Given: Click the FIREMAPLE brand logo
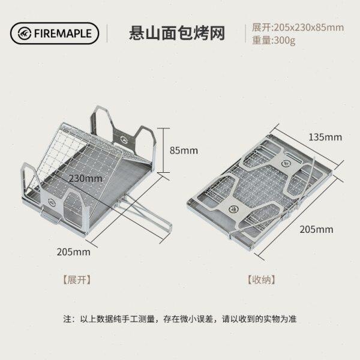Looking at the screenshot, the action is click(53, 33).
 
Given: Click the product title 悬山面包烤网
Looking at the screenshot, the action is click(178, 32).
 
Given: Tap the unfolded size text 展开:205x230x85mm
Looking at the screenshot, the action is click(298, 28).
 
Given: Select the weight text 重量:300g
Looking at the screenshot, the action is click(274, 40).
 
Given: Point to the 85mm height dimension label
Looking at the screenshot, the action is click(184, 150).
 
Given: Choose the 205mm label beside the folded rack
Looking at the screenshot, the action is click(317, 229).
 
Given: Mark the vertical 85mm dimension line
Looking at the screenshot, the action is click(163, 149).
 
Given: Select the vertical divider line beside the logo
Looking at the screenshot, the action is click(107, 33).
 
